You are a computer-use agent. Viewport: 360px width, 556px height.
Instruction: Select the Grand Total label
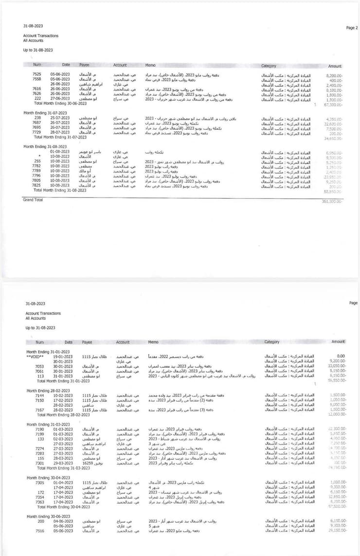[x=33, y=199]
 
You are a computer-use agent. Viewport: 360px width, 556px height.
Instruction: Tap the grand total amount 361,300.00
[x=332, y=201]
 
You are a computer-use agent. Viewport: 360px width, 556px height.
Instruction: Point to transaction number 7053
[x=39, y=366]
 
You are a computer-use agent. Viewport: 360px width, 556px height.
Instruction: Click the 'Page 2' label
[x=352, y=28]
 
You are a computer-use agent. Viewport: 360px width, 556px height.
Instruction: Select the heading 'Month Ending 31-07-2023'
[x=45, y=113]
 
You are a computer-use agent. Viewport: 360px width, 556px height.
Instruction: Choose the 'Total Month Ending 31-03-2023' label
[x=63, y=468]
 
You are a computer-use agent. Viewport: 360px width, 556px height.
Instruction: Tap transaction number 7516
[x=39, y=531]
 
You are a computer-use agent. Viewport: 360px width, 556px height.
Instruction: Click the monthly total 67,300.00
[x=333, y=104]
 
